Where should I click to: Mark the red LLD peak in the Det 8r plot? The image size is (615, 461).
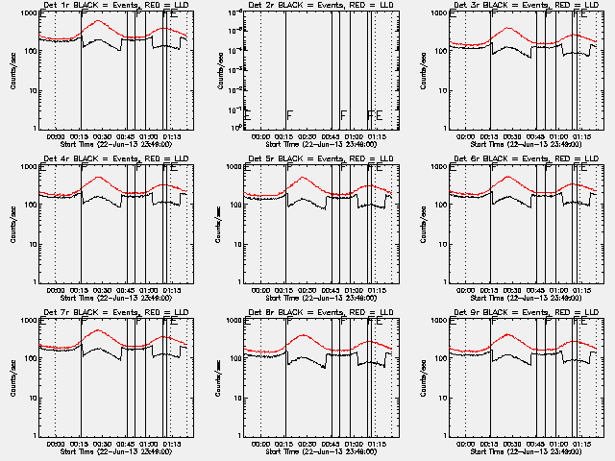coord(303,335)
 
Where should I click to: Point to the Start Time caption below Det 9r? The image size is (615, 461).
coord(520,450)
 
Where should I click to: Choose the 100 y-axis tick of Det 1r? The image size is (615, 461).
coord(30,52)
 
